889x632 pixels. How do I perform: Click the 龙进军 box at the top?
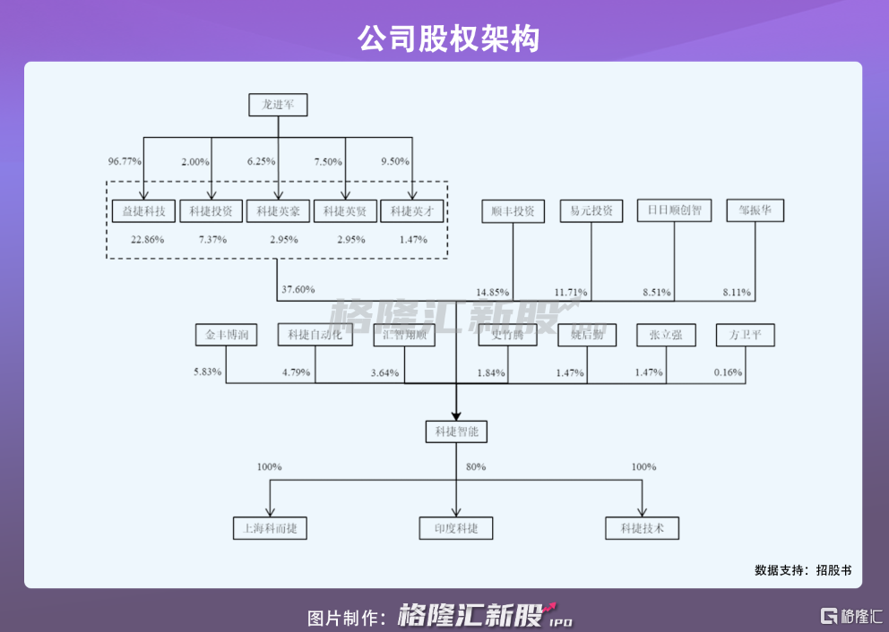tap(278, 106)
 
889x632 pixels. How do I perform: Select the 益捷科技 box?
tap(143, 212)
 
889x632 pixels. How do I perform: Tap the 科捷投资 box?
tap(211, 212)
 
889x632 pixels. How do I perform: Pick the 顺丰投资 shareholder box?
tap(513, 212)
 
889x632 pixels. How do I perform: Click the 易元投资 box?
tap(591, 212)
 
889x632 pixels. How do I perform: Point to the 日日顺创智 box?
tap(674, 211)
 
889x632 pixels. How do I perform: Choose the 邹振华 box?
tap(755, 211)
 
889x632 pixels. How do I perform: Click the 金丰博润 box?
tap(226, 336)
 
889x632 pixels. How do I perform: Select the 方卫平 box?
tap(745, 336)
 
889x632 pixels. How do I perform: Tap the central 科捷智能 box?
tap(456, 432)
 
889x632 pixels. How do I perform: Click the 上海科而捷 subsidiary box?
tap(270, 528)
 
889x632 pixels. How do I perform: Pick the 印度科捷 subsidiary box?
tap(456, 528)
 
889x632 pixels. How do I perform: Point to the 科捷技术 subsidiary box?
tap(643, 528)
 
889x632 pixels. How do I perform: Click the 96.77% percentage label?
tap(125, 162)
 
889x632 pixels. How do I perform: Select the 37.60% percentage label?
tap(298, 290)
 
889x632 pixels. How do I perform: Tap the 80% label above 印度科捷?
tap(476, 467)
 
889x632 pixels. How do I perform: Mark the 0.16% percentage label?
tap(728, 372)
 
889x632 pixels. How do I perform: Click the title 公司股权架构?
tap(444, 37)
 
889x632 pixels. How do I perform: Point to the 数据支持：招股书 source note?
tap(802, 569)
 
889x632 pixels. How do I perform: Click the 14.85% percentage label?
tap(493, 293)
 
